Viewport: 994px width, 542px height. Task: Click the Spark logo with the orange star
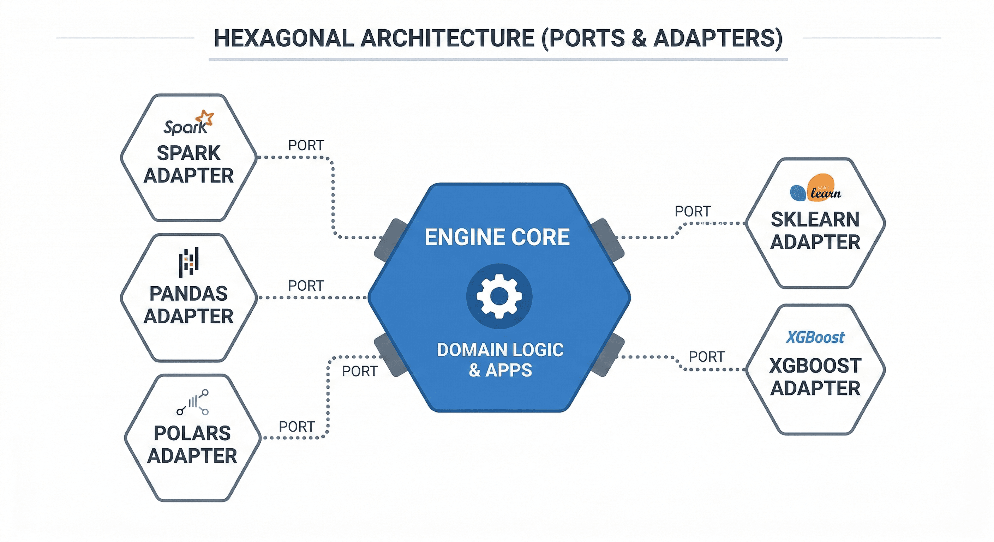188,123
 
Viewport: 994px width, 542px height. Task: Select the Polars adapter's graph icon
193,402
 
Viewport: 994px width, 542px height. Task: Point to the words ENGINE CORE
497,237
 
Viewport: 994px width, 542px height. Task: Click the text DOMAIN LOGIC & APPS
500,360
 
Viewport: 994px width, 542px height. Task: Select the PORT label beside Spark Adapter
306,145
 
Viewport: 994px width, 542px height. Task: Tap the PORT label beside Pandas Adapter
306,286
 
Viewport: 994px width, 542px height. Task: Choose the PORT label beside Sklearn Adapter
693,211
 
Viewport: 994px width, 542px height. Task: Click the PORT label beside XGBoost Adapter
707,357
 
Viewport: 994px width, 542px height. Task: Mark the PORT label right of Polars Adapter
297,427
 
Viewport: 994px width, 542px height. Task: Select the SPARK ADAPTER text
188,164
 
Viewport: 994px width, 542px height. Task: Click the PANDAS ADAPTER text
188,305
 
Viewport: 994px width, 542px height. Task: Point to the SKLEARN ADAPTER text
815,231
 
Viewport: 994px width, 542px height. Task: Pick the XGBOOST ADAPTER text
815,377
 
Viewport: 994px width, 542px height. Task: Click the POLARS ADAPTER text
192,444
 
